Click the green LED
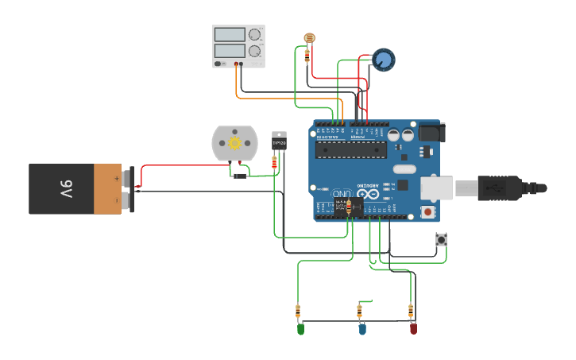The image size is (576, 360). [x=300, y=327]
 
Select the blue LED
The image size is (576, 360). [x=362, y=327]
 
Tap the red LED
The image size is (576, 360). [x=413, y=327]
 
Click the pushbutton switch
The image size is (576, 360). [x=441, y=239]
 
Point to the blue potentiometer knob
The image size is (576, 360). [x=384, y=60]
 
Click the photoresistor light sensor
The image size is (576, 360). [x=309, y=38]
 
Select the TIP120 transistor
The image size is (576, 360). [x=279, y=141]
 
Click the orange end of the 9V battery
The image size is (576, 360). [x=107, y=189]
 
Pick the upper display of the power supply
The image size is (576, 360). [x=230, y=35]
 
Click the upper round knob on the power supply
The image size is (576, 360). [x=254, y=35]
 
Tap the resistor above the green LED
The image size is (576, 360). [x=298, y=310]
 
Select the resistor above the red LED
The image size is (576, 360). [x=411, y=310]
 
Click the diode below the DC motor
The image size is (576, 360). [x=239, y=176]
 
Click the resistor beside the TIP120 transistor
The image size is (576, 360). [x=274, y=162]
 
